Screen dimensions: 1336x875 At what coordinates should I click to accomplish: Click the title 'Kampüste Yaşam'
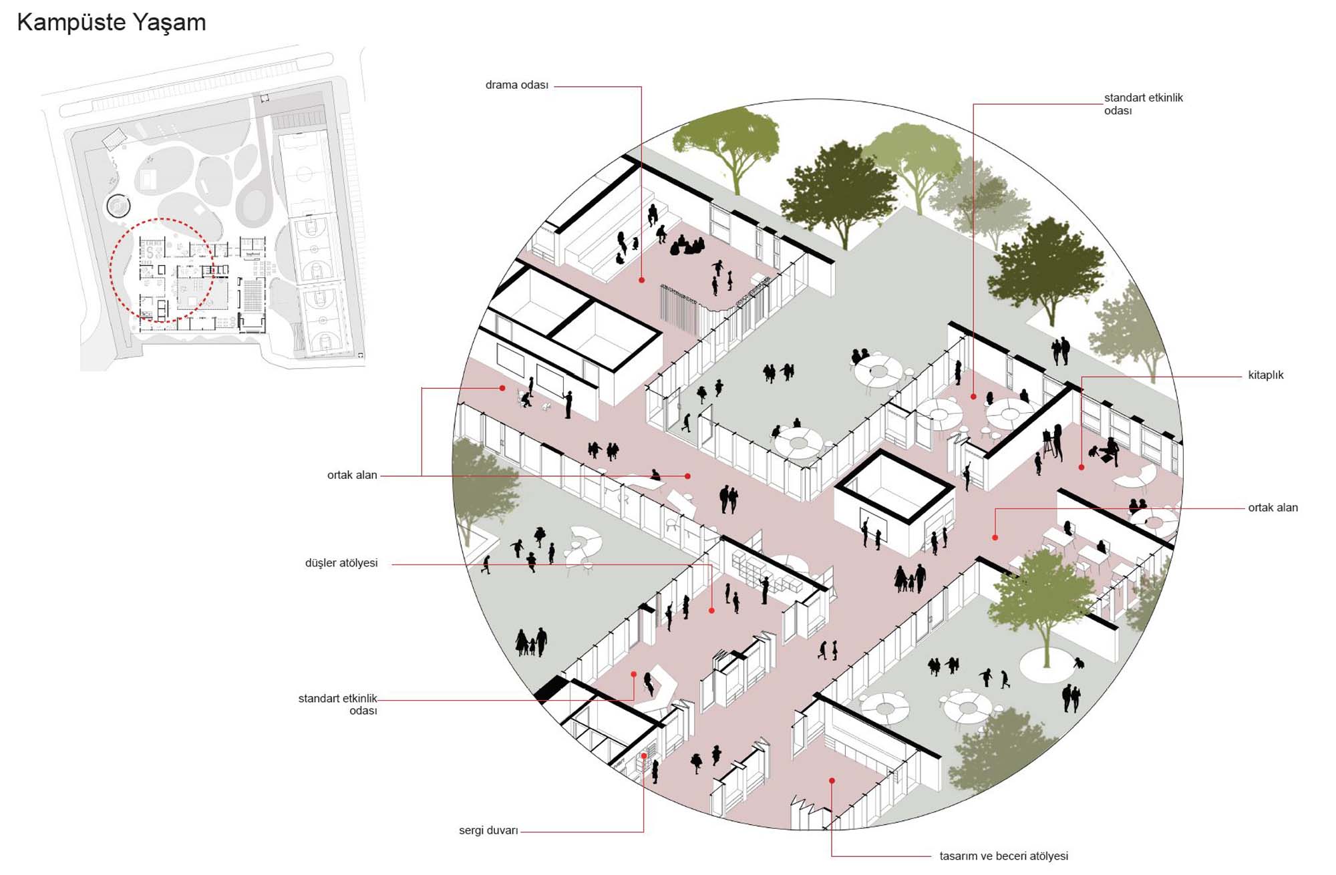pyautogui.click(x=112, y=23)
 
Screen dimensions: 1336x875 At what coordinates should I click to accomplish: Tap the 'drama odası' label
pyautogui.click(x=516, y=85)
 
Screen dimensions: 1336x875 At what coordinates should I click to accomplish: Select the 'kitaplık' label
pyautogui.click(x=1266, y=375)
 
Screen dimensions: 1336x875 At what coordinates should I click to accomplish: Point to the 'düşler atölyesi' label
pyautogui.click(x=341, y=563)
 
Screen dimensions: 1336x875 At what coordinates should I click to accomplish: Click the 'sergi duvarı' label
pyautogui.click(x=488, y=830)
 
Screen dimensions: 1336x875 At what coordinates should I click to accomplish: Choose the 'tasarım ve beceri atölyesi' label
pyautogui.click(x=1003, y=856)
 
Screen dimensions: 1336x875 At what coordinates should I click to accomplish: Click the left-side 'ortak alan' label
pyautogui.click(x=352, y=475)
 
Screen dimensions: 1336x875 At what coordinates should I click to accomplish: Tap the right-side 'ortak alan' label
pyautogui.click(x=1273, y=508)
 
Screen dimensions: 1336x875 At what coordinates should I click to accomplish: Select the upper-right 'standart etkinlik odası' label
pyautogui.click(x=1143, y=104)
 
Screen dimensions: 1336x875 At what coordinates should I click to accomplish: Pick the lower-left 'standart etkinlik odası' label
pyautogui.click(x=338, y=704)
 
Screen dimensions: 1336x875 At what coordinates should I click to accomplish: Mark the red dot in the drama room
pyautogui.click(x=641, y=280)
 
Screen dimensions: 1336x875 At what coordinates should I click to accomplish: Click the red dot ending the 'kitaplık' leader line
pyautogui.click(x=1081, y=468)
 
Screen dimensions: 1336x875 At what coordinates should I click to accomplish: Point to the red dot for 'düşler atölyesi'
pyautogui.click(x=711, y=610)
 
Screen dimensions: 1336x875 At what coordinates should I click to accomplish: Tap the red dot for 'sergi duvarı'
pyautogui.click(x=644, y=756)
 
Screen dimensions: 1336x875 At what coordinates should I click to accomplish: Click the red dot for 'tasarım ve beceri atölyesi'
pyautogui.click(x=832, y=780)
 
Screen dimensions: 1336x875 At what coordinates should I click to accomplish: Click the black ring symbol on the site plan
pyautogui.click(x=118, y=206)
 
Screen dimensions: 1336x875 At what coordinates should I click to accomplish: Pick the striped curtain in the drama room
pyautogui.click(x=679, y=309)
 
